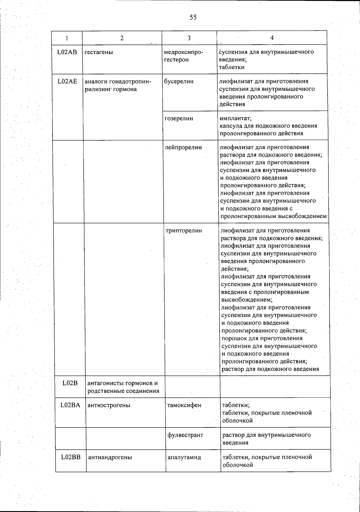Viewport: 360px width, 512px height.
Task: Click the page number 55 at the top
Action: point(193,17)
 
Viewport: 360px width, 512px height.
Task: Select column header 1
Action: point(67,38)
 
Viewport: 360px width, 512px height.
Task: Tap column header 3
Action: point(189,38)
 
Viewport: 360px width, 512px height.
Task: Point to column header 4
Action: point(272,38)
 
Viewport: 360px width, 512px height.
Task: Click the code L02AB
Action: point(67,52)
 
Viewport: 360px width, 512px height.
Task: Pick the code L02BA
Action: point(70,405)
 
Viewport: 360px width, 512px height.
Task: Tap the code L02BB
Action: point(70,457)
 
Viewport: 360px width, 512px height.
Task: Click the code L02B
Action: point(70,383)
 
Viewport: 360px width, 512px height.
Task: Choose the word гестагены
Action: point(99,52)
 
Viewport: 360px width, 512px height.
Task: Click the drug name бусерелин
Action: point(179,81)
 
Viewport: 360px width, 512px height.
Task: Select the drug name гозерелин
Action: point(179,118)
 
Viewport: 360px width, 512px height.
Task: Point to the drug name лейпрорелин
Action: point(183,147)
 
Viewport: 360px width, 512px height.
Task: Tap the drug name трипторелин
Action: point(184,231)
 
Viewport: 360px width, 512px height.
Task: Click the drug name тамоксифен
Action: point(184,405)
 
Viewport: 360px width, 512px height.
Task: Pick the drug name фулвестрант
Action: point(185,435)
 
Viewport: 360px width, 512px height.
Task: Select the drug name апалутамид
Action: point(184,457)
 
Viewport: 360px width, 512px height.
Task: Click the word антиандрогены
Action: point(110,457)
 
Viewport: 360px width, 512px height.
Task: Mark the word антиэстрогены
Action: point(109,405)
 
